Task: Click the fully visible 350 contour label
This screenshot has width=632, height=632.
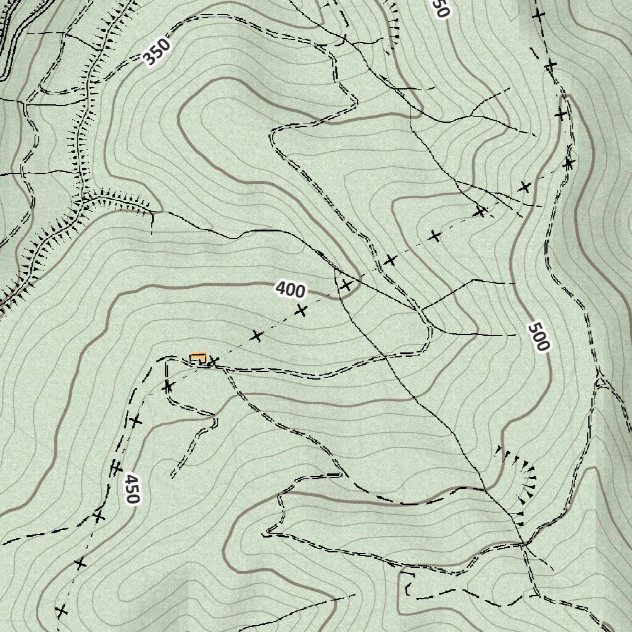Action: point(156,52)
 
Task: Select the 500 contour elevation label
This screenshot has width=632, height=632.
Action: point(538,336)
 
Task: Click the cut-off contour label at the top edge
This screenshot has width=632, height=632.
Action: point(439,7)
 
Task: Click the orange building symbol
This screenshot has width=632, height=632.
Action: point(198,357)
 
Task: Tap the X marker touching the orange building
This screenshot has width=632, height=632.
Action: point(213,361)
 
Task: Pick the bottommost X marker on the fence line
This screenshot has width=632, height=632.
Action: point(60,611)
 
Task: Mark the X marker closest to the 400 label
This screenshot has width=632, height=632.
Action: point(301,310)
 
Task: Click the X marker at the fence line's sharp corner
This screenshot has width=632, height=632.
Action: point(568,164)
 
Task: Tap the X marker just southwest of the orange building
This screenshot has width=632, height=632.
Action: point(168,387)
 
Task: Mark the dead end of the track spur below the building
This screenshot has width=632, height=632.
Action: point(172,477)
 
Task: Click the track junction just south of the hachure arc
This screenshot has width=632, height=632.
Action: point(523,544)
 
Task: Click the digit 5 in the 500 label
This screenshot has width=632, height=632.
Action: point(534,327)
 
